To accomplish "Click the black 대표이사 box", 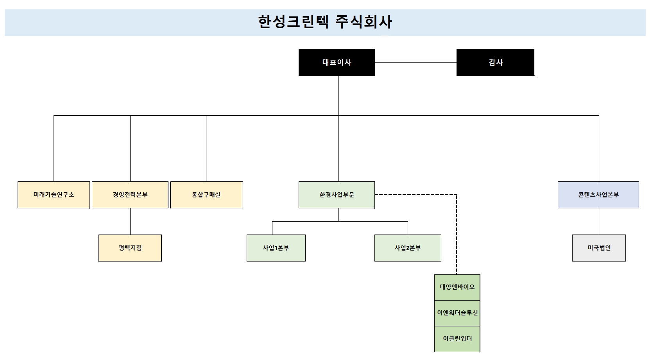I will (337, 62).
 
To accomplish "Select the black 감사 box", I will (495, 62).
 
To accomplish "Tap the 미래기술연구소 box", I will (54, 195).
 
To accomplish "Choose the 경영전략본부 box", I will (130, 195).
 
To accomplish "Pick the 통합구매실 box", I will (206, 195).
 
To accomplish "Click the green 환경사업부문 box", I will (337, 195).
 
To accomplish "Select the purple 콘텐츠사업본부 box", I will (598, 195).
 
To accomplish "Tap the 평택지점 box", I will (130, 248).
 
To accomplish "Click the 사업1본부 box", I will (276, 248).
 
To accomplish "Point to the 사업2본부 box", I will (408, 248).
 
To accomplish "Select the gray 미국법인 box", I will (599, 248).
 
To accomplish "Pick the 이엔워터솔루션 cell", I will (457, 313).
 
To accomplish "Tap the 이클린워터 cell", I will (457, 339).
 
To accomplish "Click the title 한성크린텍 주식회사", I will (324, 22).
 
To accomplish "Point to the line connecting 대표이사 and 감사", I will (415, 62).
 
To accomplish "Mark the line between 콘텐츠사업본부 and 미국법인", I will (599, 221).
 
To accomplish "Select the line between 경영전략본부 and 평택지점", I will (130, 221).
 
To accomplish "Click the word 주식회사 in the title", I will (363, 22).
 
